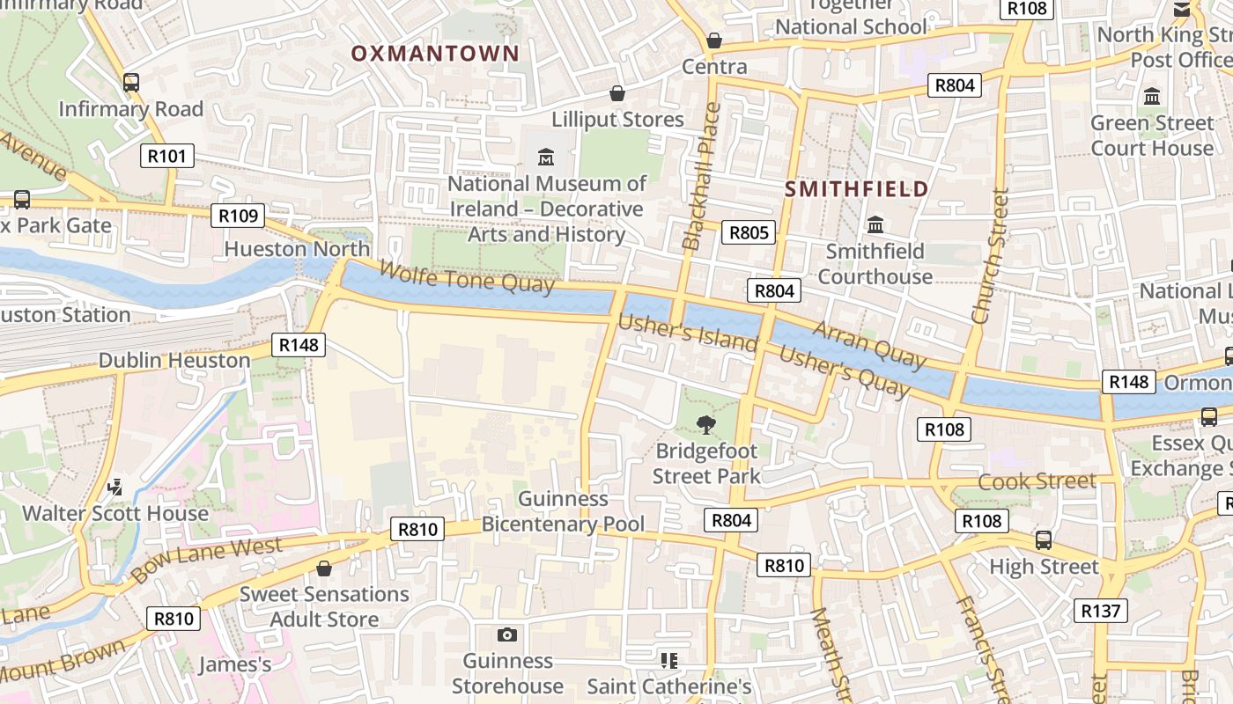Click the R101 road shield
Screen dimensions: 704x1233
[167, 157]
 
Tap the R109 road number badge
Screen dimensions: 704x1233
[238, 216]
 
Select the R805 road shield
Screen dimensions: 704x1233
[749, 232]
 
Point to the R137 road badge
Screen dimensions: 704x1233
[1101, 610]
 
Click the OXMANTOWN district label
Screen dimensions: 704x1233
[435, 54]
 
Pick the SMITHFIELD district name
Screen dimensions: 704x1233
[856, 189]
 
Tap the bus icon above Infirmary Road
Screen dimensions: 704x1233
[131, 83]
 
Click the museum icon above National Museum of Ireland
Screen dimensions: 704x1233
[546, 158]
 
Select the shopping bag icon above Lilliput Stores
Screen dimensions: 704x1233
[618, 93]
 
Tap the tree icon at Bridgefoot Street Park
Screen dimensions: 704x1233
[705, 425]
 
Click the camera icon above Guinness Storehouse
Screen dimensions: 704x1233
[507, 634]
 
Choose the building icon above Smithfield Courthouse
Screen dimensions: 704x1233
[875, 225]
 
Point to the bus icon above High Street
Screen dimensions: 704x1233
[1044, 539]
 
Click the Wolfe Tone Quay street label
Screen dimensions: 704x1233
[467, 275]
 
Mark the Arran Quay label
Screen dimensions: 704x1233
[868, 344]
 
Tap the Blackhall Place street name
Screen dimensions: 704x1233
[702, 176]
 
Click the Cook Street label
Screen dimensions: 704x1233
[1037, 481]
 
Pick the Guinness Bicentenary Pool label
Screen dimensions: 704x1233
[564, 511]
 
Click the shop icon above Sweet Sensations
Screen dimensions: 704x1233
[324, 568]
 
